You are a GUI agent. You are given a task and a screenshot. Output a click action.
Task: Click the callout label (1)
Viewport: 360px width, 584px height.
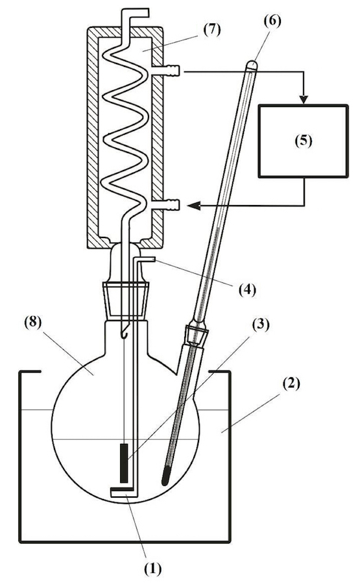pos(153,570)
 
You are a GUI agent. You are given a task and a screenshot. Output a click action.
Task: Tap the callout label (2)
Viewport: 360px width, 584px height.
pos(291,383)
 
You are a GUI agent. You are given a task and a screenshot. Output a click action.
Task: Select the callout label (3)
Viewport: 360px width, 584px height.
pos(261,325)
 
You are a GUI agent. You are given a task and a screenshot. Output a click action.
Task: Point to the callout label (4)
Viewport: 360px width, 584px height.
pos(246,289)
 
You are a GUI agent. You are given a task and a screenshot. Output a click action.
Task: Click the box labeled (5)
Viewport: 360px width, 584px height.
pos(304,141)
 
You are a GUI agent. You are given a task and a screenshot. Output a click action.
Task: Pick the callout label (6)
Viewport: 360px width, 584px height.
pos(272,21)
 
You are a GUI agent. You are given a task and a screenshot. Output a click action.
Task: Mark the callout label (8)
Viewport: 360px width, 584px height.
pos(34,322)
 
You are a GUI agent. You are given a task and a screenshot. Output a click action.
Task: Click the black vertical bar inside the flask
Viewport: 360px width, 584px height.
pos(124,463)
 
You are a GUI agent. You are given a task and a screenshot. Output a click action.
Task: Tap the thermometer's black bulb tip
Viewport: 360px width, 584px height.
pos(166,477)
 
